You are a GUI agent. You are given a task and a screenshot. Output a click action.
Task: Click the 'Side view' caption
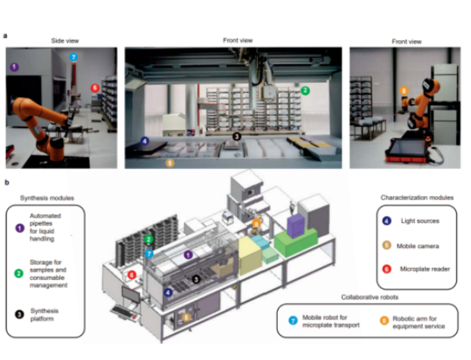pyautogui.click(x=64, y=41)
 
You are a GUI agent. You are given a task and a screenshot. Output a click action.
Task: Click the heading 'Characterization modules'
pyautogui.click(x=417, y=198)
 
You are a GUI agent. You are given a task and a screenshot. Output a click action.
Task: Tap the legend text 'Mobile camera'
pyautogui.click(x=421, y=245)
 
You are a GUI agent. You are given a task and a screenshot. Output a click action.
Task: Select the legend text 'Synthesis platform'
pyautogui.click(x=46, y=314)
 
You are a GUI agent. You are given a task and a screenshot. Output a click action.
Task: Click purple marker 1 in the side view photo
pyautogui.click(x=14, y=67)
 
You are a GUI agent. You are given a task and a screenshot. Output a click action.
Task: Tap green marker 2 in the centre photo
pyautogui.click(x=305, y=91)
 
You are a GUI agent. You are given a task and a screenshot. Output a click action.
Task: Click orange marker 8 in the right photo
pyautogui.click(x=403, y=91)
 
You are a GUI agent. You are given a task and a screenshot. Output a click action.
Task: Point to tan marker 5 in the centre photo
pyautogui.click(x=170, y=161)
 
